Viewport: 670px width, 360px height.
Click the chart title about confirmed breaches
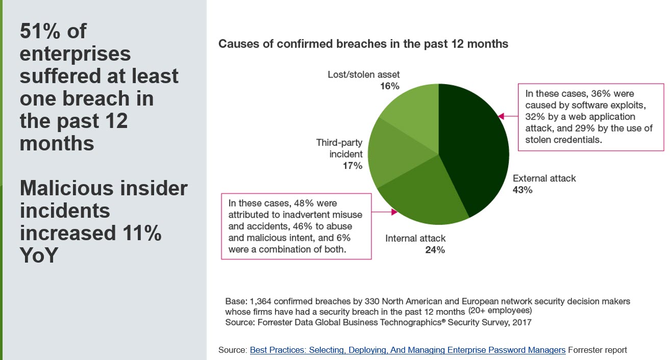point(363,44)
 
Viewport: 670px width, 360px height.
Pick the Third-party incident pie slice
point(398,153)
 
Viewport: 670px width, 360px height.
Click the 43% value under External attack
point(523,190)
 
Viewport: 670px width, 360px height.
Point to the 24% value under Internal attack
point(435,250)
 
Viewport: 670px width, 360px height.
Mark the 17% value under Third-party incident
point(352,166)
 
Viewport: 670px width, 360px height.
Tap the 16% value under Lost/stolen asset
point(389,86)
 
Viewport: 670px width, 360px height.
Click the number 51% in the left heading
point(40,32)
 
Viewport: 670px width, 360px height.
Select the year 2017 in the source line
point(521,322)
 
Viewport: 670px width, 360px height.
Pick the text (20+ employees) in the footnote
point(500,311)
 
